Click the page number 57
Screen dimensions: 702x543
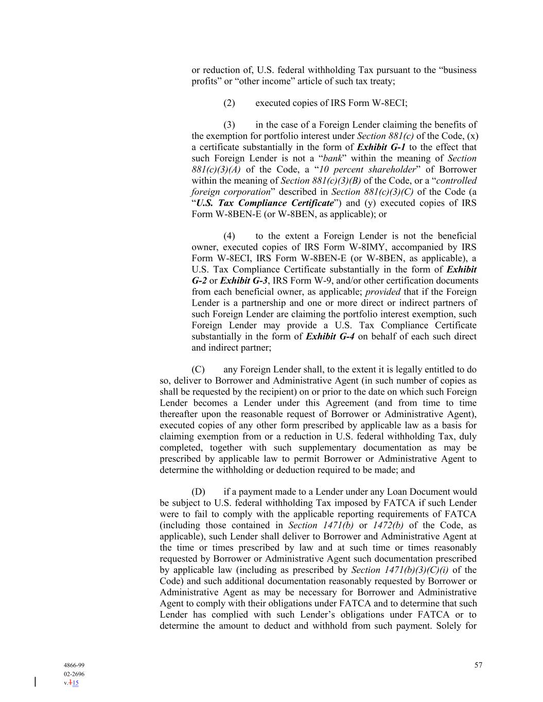click(478, 665)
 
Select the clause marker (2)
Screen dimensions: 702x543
click(229, 103)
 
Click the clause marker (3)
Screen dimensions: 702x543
click(229, 125)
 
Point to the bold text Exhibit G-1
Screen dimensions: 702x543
click(381, 147)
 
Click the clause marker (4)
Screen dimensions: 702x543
click(229, 237)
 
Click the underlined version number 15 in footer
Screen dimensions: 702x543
click(76, 683)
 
